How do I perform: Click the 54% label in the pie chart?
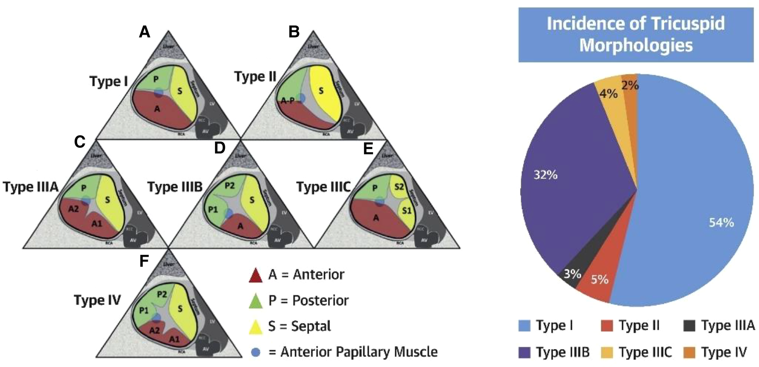coord(721,222)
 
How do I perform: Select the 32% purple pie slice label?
coord(545,175)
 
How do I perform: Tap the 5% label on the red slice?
coord(600,279)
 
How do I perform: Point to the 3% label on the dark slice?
coord(572,274)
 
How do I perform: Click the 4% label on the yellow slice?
coord(608,93)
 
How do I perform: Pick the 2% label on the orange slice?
coord(630,85)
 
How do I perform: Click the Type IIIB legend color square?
coord(524,352)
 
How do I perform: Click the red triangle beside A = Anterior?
coord(256,276)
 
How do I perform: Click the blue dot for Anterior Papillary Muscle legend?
coord(256,352)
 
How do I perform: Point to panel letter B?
coord(294,32)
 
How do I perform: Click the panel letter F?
coord(144,261)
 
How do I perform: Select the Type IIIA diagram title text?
coord(31,187)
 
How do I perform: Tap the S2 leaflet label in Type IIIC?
coord(399,187)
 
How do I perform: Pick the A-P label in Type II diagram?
coord(288,101)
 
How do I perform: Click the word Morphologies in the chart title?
coord(636,45)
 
